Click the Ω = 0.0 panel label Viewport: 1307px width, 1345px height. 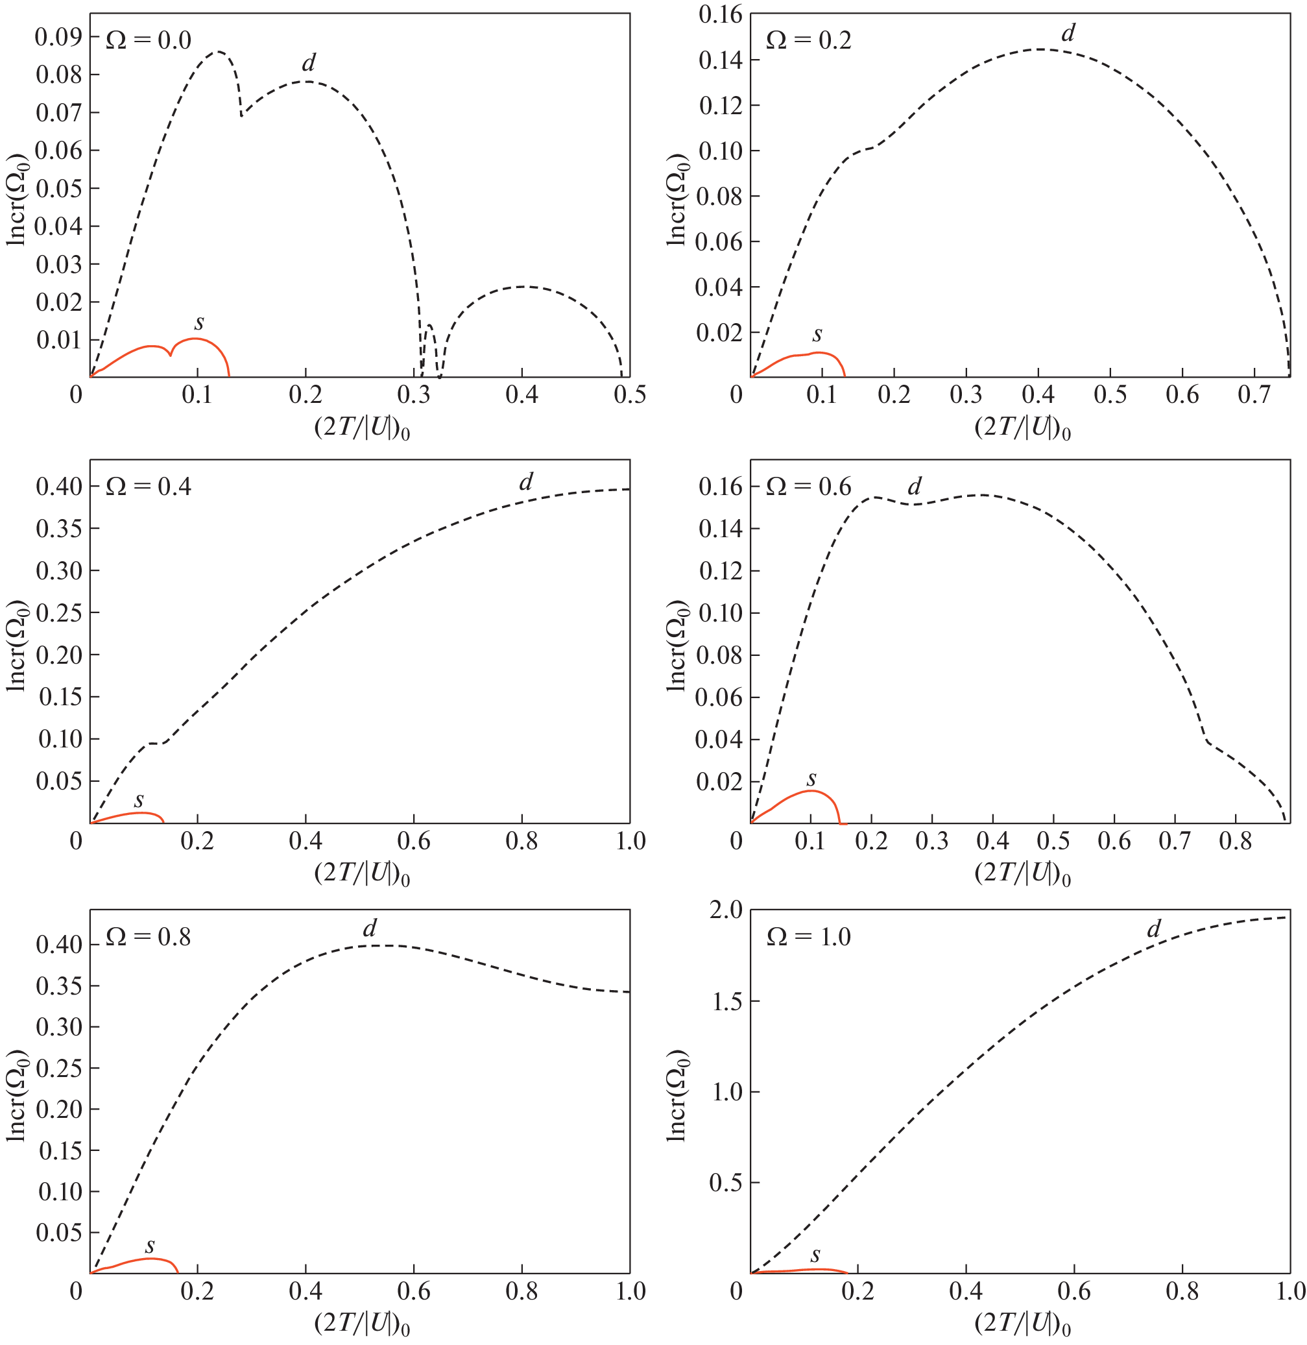149,40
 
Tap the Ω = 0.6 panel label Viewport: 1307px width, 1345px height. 809,487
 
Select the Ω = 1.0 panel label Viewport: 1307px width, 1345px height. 809,936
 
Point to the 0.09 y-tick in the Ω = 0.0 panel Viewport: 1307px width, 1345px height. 58,36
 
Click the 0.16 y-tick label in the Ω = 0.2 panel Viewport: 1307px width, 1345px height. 720,14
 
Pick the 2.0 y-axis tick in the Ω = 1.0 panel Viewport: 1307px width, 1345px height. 726,910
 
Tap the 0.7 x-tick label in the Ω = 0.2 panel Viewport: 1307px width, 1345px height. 1254,394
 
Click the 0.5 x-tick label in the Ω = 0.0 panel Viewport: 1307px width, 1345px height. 629,394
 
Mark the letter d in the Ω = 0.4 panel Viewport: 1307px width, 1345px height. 526,482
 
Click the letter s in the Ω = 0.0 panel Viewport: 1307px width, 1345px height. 199,322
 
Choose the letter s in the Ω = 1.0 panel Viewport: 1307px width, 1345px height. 815,1255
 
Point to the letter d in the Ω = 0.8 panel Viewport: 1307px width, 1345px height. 369,929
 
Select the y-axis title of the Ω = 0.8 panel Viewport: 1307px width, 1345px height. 16,1096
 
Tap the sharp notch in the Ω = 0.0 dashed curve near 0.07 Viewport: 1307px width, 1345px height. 241,115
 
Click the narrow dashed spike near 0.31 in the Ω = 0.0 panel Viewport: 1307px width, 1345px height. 429,326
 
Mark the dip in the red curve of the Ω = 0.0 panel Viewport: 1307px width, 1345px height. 170,354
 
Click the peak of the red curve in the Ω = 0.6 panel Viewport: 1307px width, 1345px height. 811,791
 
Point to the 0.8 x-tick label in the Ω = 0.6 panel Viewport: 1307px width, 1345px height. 1235,841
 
